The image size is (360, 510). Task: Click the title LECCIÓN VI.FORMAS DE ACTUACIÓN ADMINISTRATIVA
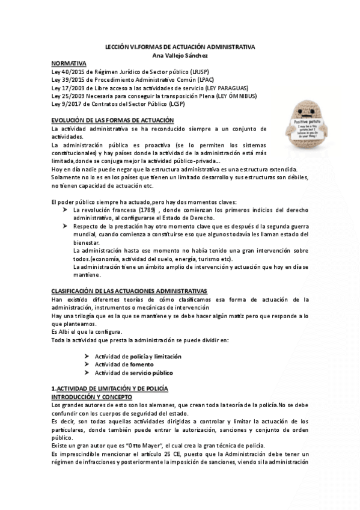click(180, 47)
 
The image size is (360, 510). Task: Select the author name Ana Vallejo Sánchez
click(180, 55)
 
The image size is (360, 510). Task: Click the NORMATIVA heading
click(69, 63)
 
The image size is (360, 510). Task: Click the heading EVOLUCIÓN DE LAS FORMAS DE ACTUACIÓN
click(112, 120)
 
